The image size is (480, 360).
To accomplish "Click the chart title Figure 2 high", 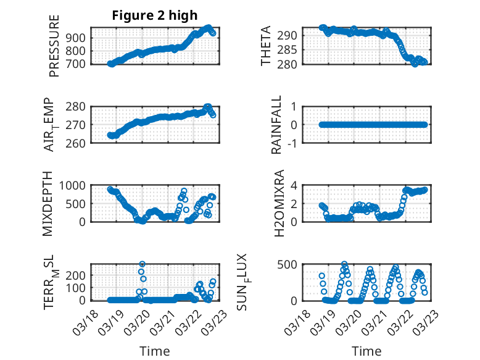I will (x=154, y=15).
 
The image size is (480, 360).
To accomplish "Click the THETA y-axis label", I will (x=266, y=46).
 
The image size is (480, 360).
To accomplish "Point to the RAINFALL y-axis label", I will (x=277, y=125).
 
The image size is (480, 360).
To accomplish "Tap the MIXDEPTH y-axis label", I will (x=48, y=203).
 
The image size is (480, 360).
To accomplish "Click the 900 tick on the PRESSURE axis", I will (x=78, y=38).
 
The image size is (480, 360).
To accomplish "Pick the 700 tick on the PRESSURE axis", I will (x=78, y=64).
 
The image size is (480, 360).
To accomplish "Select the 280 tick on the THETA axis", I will (x=290, y=64).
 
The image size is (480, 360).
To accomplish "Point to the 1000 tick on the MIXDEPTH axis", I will (x=75, y=185).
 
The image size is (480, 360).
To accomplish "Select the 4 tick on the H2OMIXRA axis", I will (x=295, y=185).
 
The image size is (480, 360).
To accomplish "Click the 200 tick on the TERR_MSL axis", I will (x=78, y=275).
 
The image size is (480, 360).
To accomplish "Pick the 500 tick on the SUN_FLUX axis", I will (x=290, y=264).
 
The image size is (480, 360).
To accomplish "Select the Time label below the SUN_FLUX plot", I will (x=366, y=351).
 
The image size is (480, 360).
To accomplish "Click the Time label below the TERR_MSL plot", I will (x=155, y=351).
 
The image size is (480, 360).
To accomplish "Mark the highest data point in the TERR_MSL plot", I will (x=142, y=264).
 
